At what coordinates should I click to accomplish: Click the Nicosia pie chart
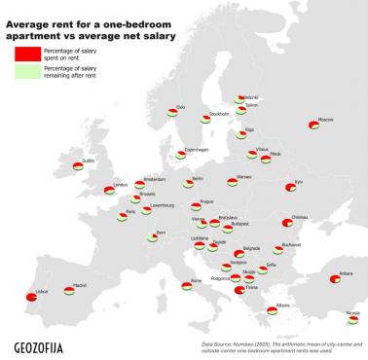pos(351,320)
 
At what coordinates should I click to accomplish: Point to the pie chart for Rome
pos(186,286)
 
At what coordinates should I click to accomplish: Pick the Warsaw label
pos(243,177)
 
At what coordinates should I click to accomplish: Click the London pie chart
pos(109,191)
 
